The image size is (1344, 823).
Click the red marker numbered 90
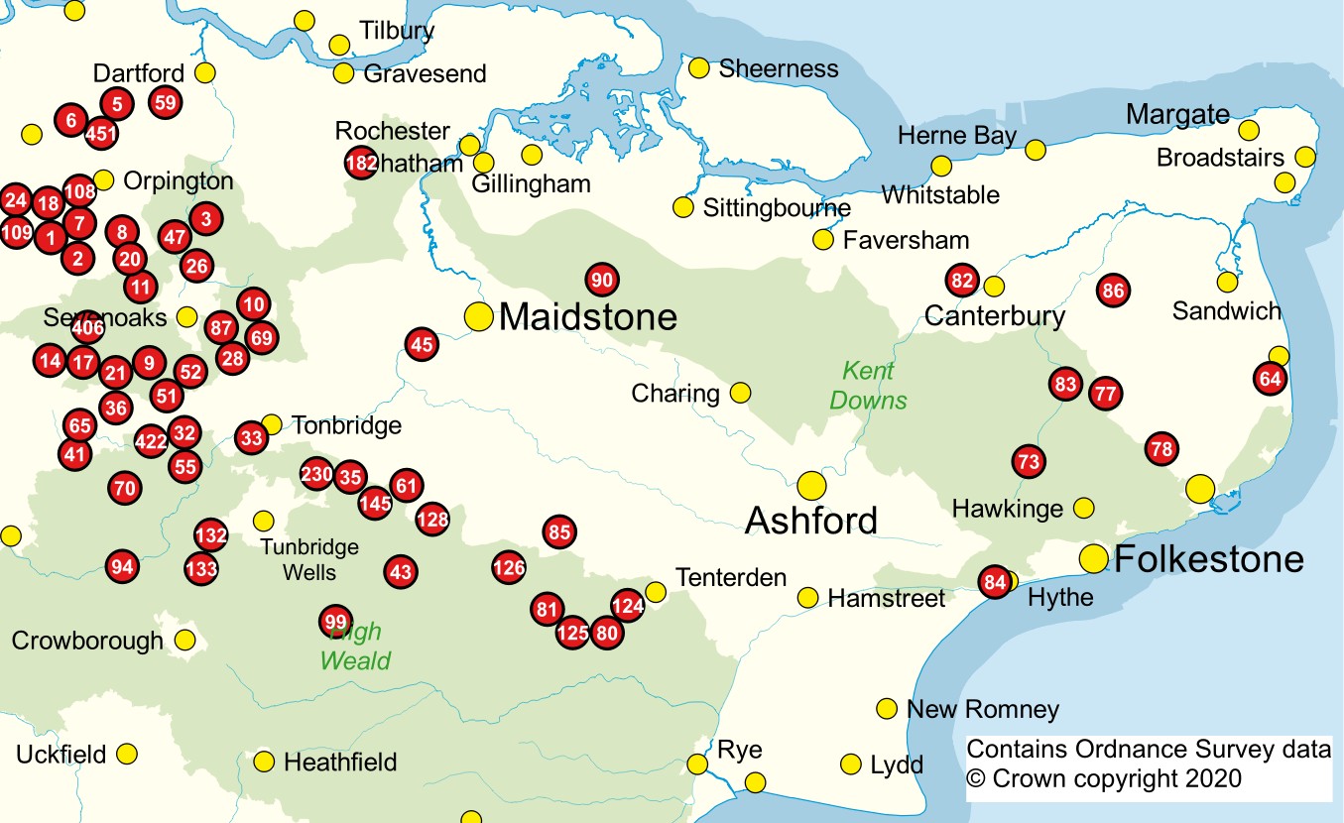point(601,281)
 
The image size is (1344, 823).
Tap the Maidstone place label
point(587,317)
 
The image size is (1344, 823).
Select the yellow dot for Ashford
point(811,485)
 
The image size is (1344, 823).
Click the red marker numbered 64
point(1270,379)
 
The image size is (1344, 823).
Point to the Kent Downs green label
point(868,386)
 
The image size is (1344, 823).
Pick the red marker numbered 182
point(359,163)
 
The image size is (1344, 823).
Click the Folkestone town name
point(1208,559)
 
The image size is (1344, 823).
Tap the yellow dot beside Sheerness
point(698,67)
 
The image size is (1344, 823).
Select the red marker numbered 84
point(995,582)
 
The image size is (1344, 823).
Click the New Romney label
point(983,710)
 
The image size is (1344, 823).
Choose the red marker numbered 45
point(422,345)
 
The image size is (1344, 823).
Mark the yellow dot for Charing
point(740,393)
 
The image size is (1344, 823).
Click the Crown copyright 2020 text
point(1103,779)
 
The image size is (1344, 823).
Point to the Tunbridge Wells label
point(308,560)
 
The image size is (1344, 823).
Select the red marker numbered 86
point(1113,291)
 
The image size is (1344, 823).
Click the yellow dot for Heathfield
point(263,762)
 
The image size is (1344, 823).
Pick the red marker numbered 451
point(101,132)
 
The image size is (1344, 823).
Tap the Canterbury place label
point(994,316)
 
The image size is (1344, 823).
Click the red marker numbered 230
point(316,474)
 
